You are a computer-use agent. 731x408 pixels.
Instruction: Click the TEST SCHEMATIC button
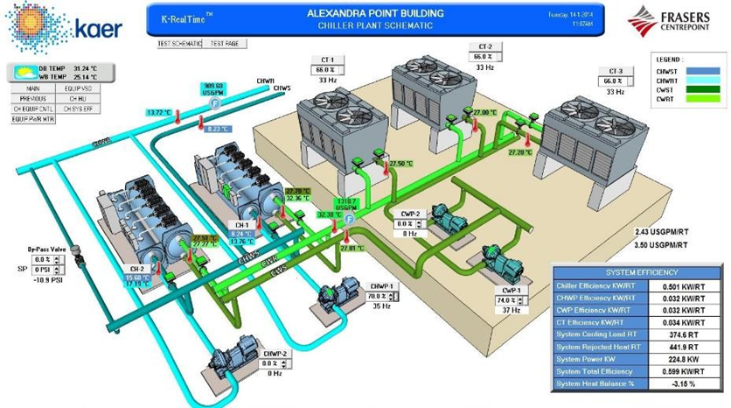tap(180, 43)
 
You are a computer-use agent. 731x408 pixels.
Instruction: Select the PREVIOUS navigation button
tap(32, 98)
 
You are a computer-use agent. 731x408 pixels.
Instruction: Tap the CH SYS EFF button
tap(77, 109)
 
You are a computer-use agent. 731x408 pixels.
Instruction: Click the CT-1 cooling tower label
tap(326, 60)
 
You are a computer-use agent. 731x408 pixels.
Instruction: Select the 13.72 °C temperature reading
tap(158, 112)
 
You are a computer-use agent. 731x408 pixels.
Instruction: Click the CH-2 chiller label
tap(137, 269)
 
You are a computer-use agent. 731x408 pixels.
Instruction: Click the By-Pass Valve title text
tap(46, 250)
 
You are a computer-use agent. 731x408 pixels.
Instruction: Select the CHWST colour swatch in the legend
tap(709, 71)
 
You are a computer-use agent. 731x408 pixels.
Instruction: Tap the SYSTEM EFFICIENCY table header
tap(638, 272)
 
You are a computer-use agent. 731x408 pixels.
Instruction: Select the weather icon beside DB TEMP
tap(23, 73)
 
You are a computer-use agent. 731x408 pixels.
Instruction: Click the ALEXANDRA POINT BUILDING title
tap(375, 13)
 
